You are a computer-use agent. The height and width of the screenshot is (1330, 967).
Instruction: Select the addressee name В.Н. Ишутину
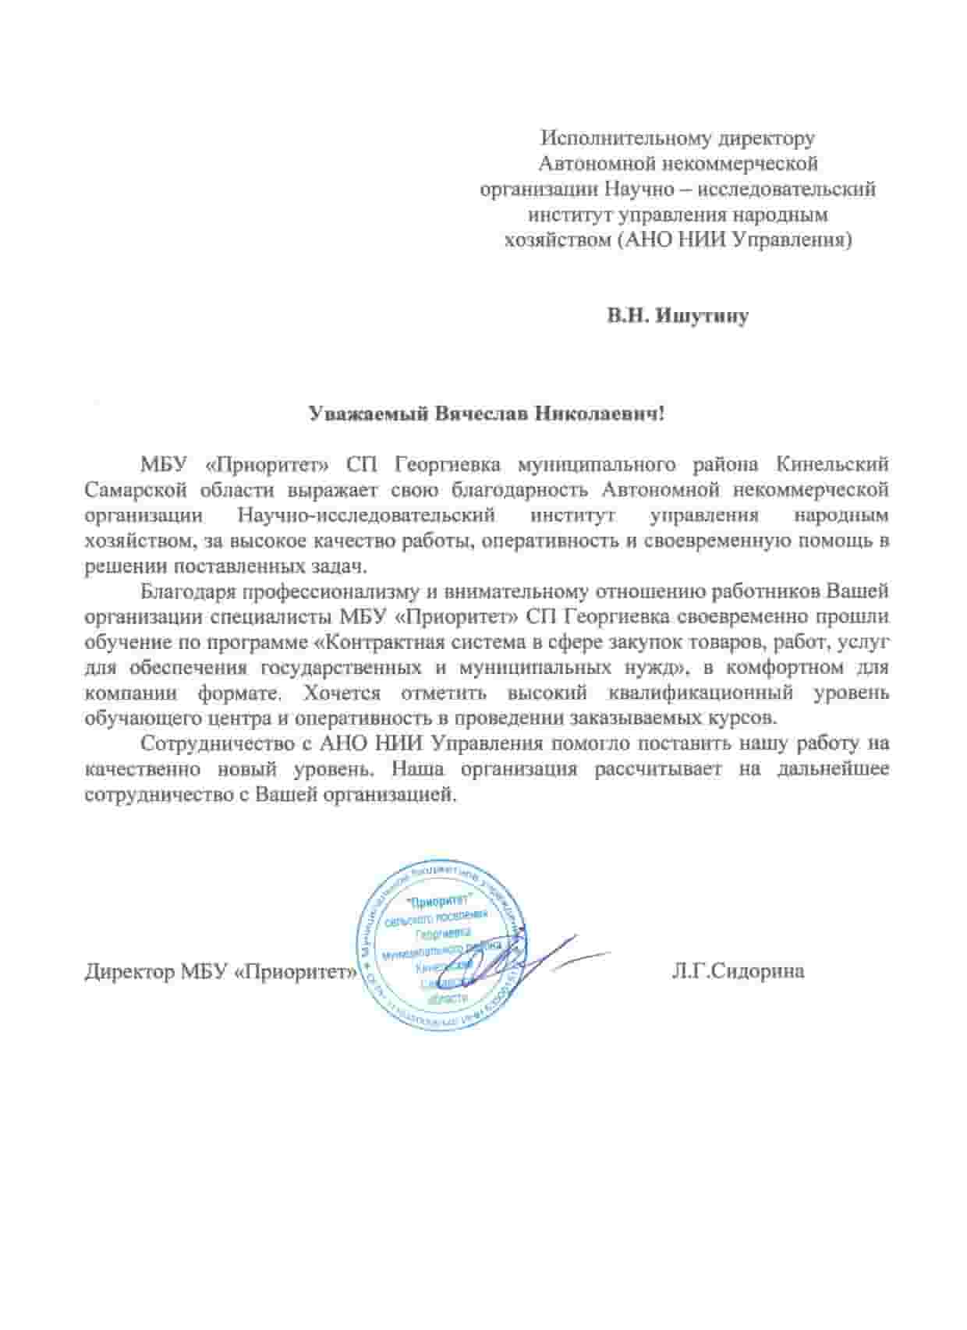pyautogui.click(x=678, y=317)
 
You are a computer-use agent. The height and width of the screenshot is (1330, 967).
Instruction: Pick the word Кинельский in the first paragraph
pyautogui.click(x=833, y=465)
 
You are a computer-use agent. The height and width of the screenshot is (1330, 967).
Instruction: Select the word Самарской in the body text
pyautogui.click(x=136, y=490)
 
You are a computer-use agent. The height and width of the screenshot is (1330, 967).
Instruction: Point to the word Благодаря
pyautogui.click(x=187, y=591)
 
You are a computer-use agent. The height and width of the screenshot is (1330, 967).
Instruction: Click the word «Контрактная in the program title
pyautogui.click(x=378, y=642)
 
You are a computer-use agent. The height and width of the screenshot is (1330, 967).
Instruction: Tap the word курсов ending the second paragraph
pyautogui.click(x=747, y=718)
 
